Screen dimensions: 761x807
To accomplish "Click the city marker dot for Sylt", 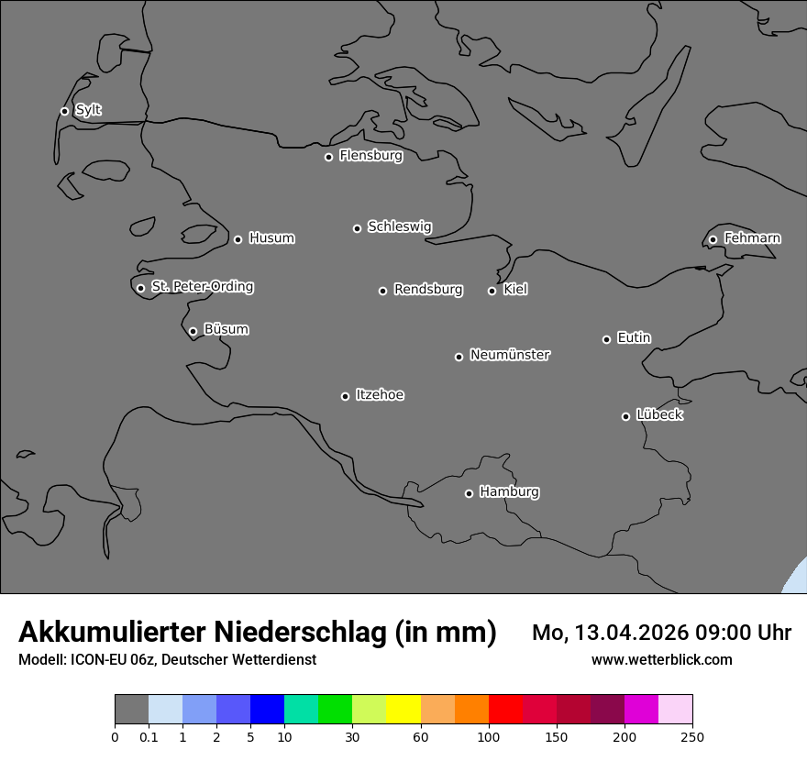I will click(64, 111).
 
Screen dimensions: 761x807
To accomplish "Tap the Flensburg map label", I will click(370, 156).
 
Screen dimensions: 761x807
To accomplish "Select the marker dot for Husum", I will click(238, 239).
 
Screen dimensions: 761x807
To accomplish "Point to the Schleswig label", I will click(399, 226).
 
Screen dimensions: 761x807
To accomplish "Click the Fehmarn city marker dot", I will click(713, 239).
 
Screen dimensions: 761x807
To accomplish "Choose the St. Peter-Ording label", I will click(202, 287).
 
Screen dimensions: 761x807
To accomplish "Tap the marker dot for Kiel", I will click(492, 291).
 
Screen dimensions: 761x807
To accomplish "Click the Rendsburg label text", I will click(427, 290).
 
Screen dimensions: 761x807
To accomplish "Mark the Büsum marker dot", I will click(193, 331).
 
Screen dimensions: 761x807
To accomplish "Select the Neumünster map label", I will click(509, 355).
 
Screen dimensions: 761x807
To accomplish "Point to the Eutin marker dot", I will click(606, 339).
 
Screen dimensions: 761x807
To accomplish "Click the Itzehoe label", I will click(380, 395).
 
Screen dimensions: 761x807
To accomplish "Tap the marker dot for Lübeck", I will click(625, 416).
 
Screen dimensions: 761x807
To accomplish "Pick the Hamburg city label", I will click(509, 492).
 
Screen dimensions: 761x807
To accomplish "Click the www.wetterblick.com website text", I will click(661, 660).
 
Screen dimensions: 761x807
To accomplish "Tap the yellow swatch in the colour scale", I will click(403, 710).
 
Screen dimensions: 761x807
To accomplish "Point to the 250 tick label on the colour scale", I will click(692, 736).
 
